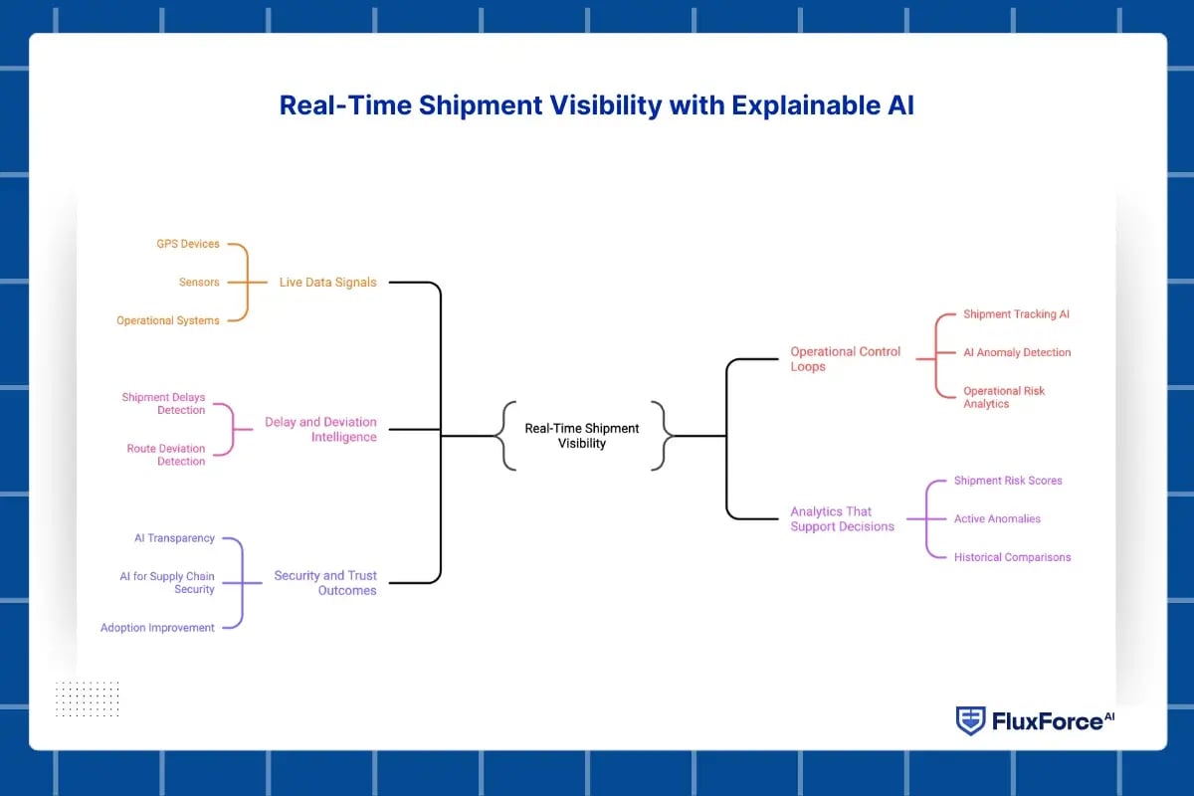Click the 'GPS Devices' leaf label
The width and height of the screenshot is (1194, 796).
click(x=188, y=244)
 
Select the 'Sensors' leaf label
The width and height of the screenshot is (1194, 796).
click(x=199, y=283)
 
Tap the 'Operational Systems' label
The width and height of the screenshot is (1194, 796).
click(x=168, y=320)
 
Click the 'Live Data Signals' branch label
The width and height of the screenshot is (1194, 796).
click(x=327, y=283)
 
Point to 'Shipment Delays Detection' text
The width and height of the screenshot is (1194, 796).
click(x=163, y=404)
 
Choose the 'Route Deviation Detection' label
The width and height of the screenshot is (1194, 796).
click(x=166, y=455)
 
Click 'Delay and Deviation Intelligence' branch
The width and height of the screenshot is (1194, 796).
click(x=320, y=430)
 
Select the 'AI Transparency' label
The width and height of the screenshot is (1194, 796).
click(x=174, y=538)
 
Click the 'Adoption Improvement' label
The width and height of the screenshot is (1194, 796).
click(x=157, y=628)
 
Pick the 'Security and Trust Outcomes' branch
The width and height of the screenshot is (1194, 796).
click(x=325, y=583)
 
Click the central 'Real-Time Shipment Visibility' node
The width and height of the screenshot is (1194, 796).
click(x=582, y=436)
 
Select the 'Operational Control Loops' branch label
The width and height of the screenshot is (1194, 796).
click(x=845, y=359)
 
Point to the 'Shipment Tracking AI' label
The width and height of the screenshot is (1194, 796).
click(x=1016, y=314)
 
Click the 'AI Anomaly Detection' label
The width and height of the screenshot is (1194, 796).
click(x=1017, y=352)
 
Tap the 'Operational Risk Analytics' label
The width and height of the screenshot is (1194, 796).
click(x=1004, y=397)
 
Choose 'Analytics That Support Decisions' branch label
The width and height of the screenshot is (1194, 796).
click(x=843, y=519)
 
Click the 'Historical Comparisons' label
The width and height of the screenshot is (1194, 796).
click(x=1012, y=557)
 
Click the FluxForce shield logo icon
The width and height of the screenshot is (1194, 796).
click(x=970, y=720)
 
